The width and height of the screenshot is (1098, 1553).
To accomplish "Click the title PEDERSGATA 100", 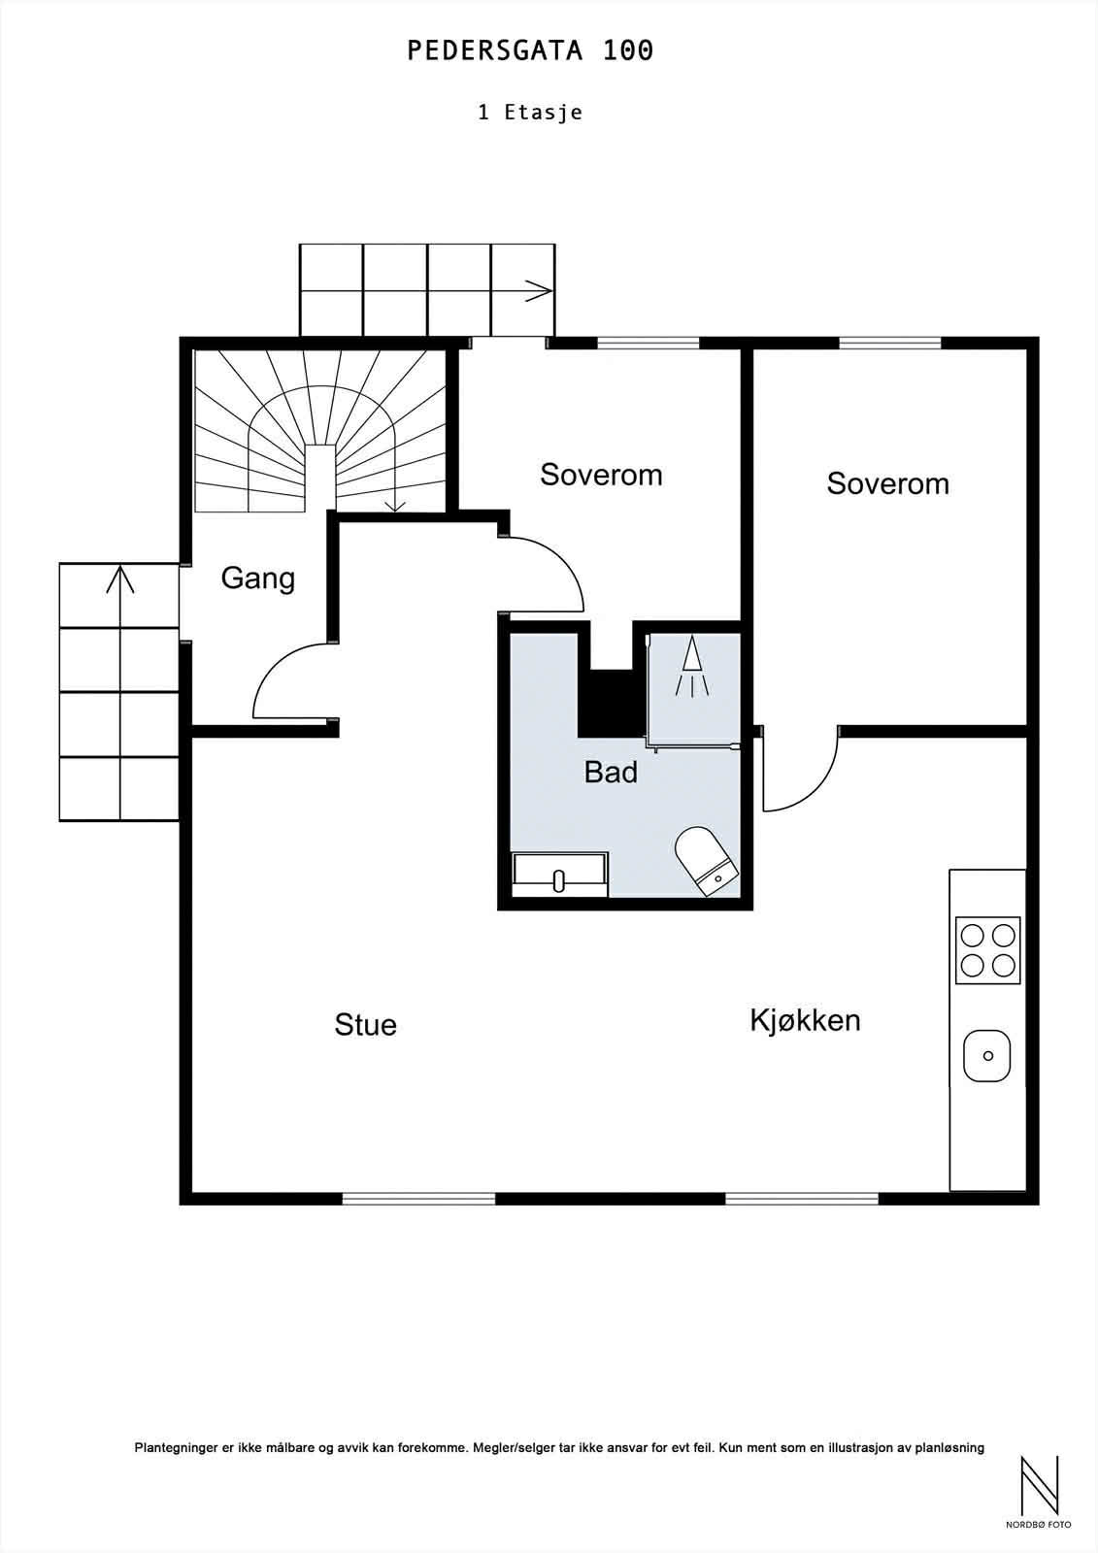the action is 530,50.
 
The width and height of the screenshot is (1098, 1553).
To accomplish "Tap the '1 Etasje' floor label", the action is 530,113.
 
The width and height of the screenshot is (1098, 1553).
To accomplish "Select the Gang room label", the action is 258,578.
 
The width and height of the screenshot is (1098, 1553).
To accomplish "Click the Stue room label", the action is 366,1025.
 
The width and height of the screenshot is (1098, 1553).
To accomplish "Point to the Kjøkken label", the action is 805,1020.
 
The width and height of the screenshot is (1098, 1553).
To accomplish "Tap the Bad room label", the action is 611,773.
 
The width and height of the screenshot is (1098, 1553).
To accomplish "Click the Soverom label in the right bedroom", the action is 888,484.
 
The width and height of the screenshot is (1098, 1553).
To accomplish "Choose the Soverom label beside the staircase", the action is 601,475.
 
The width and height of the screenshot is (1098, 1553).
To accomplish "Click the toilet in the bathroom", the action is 707,860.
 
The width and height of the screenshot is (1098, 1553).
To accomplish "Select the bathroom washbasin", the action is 560,875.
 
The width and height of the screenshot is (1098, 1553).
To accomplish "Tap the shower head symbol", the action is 692,665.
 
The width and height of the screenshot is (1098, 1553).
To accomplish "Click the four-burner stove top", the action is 987,950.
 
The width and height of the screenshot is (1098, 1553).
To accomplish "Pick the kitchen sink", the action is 987,1056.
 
